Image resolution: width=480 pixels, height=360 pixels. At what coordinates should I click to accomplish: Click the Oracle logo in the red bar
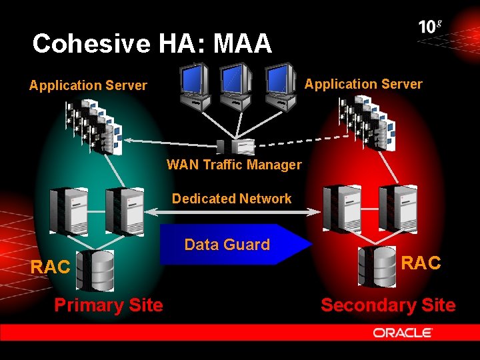tap(403, 333)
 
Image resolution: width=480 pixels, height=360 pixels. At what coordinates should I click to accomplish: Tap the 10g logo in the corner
tap(430, 27)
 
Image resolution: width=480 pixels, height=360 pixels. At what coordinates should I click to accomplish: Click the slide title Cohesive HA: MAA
tap(152, 44)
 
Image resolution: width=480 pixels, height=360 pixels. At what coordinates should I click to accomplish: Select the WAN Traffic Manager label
tap(234, 165)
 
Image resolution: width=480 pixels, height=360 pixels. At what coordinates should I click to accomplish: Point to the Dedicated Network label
tap(231, 199)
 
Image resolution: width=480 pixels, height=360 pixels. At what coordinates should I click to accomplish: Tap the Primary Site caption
tap(108, 305)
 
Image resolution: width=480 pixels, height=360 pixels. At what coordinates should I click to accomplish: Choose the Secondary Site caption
tap(387, 305)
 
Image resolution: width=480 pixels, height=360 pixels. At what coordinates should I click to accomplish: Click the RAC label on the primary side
tap(51, 267)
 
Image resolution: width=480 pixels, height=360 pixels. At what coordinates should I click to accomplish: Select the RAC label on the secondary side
tap(421, 263)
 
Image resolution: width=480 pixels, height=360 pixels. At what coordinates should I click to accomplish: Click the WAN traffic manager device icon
tap(236, 147)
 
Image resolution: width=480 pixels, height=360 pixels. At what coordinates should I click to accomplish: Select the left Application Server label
tap(88, 85)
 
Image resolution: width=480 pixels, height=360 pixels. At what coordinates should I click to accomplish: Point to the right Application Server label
tap(363, 84)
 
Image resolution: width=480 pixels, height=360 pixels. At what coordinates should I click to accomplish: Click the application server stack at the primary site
tap(92, 126)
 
